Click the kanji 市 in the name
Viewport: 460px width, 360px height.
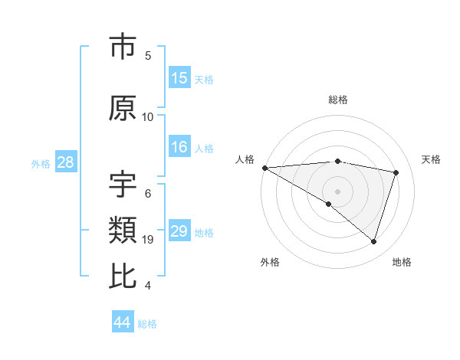[x=123, y=47]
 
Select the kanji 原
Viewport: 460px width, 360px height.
[x=123, y=107]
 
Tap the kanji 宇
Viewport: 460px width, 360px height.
[x=123, y=185]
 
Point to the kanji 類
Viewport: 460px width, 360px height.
[x=123, y=231]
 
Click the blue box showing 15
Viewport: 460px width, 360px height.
[x=179, y=78]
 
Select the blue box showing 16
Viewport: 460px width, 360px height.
[x=179, y=147]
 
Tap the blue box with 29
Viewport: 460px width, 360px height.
[x=179, y=231]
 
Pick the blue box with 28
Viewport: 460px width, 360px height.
[x=65, y=162]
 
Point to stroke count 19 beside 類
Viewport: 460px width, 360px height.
[x=149, y=240]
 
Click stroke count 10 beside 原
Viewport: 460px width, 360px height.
[x=148, y=116]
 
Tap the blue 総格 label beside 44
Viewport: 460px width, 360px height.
[x=147, y=324]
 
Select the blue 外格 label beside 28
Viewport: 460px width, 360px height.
[x=40, y=163]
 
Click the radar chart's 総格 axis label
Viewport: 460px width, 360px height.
[x=337, y=100]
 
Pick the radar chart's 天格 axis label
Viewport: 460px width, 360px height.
[x=432, y=159]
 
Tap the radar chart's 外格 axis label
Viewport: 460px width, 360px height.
[x=270, y=262]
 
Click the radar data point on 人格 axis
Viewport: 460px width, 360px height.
[x=264, y=168]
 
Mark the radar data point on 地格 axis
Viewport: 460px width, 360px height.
[x=373, y=241]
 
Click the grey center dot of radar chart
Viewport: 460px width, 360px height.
[x=337, y=190]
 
